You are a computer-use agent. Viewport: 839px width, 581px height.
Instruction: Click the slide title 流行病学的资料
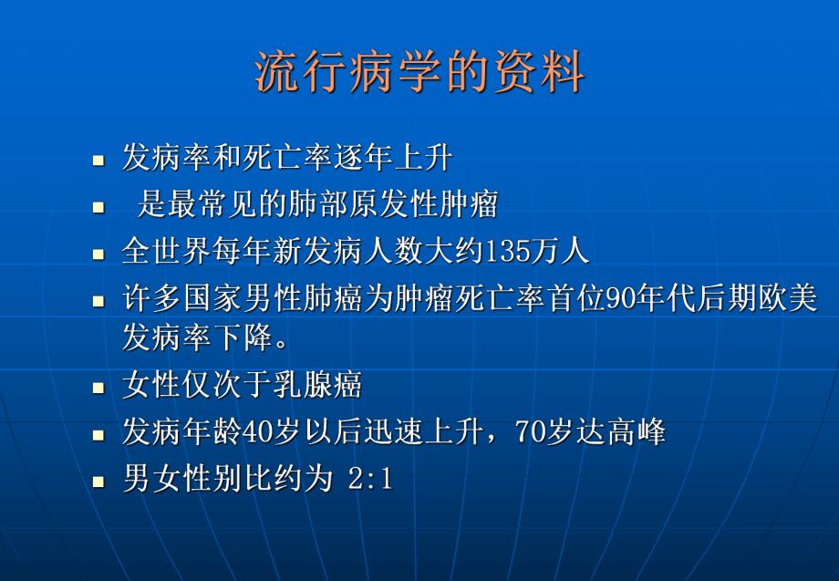tap(419, 72)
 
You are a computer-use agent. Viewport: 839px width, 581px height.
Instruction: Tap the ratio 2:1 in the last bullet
tap(370, 479)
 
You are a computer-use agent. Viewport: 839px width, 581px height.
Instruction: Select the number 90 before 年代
tap(620, 298)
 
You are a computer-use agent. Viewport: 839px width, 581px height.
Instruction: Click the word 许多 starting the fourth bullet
tap(146, 298)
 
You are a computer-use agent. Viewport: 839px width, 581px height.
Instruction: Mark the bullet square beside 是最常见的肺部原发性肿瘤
tap(99, 207)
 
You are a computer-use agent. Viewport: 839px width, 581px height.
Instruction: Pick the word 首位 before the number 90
tap(572, 298)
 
